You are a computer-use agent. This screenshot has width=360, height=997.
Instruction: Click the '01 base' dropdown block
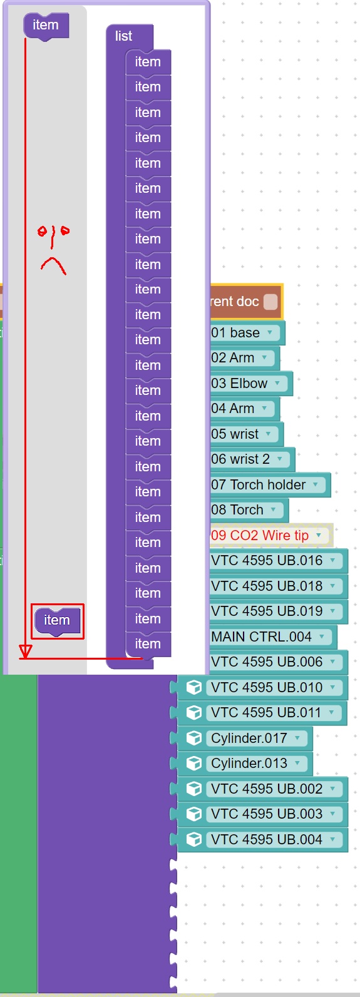[x=244, y=332]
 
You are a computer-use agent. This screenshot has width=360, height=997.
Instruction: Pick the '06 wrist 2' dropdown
[x=249, y=459]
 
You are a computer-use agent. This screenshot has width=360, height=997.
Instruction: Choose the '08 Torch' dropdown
[x=246, y=509]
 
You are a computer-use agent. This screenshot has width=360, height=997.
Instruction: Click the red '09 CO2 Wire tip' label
[x=260, y=535]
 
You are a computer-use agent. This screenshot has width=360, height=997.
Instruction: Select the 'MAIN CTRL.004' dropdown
[x=270, y=637]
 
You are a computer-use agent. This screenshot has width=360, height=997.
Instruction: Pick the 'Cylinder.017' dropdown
[x=257, y=738]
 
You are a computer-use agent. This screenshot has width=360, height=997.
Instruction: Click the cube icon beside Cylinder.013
[x=193, y=764]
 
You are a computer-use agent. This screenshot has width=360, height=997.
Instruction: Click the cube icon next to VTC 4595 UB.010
[x=193, y=687]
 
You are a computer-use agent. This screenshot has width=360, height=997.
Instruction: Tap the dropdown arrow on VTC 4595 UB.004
[x=332, y=839]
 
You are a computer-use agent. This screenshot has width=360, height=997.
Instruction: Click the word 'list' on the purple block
[x=123, y=36]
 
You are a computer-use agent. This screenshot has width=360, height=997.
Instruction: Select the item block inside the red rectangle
[x=57, y=620]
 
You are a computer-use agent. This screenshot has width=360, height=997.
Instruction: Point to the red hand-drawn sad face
[x=53, y=250]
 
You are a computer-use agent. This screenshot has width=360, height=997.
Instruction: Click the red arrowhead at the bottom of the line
[x=26, y=651]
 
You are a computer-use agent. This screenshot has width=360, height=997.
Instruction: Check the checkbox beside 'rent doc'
[x=270, y=301]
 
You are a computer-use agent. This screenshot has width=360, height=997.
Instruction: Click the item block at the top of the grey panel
[x=46, y=26]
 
